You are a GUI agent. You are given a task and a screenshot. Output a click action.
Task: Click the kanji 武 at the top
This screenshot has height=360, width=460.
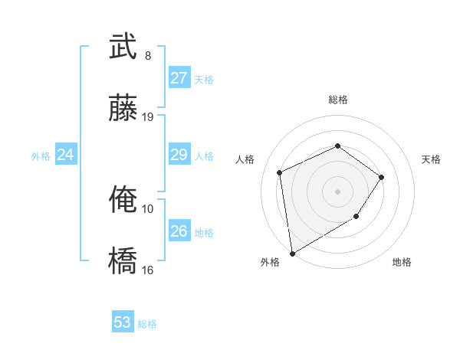[123, 47]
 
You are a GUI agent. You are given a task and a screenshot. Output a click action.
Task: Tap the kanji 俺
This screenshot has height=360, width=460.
[123, 200]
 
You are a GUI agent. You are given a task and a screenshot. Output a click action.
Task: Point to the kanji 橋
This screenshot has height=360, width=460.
[123, 260]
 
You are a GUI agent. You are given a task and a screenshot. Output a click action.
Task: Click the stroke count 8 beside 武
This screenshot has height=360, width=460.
[148, 56]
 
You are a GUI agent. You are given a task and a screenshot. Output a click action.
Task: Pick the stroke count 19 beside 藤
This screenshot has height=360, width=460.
[148, 117]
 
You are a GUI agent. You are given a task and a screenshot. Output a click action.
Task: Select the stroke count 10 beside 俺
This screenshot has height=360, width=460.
[148, 208]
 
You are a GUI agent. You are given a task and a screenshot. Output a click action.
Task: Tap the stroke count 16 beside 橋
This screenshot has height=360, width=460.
[148, 270]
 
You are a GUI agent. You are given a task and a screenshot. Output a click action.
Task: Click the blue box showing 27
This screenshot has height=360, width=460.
[179, 78]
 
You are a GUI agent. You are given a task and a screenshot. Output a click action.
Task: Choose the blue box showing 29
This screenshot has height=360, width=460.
[179, 155]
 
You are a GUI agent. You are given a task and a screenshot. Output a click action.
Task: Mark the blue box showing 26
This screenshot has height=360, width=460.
[179, 231]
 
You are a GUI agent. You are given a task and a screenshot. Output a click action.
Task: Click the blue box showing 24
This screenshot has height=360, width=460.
[65, 155]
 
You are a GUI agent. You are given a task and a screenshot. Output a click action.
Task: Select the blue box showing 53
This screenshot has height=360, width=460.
[122, 322]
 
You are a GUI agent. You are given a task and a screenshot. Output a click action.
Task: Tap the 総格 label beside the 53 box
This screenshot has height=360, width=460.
[147, 324]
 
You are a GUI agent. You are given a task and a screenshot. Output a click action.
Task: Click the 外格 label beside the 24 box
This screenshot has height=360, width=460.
[41, 156]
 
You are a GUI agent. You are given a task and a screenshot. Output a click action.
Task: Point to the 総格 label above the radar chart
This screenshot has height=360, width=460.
[337, 100]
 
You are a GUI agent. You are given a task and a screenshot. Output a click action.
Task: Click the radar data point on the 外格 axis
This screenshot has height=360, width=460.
[291, 254]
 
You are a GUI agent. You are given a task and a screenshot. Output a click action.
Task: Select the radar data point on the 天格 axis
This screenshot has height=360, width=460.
[382, 177]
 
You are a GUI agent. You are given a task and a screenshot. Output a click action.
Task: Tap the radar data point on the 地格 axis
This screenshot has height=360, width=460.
[356, 218]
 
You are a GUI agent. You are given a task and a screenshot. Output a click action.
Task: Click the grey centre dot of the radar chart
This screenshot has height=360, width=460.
[337, 191]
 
